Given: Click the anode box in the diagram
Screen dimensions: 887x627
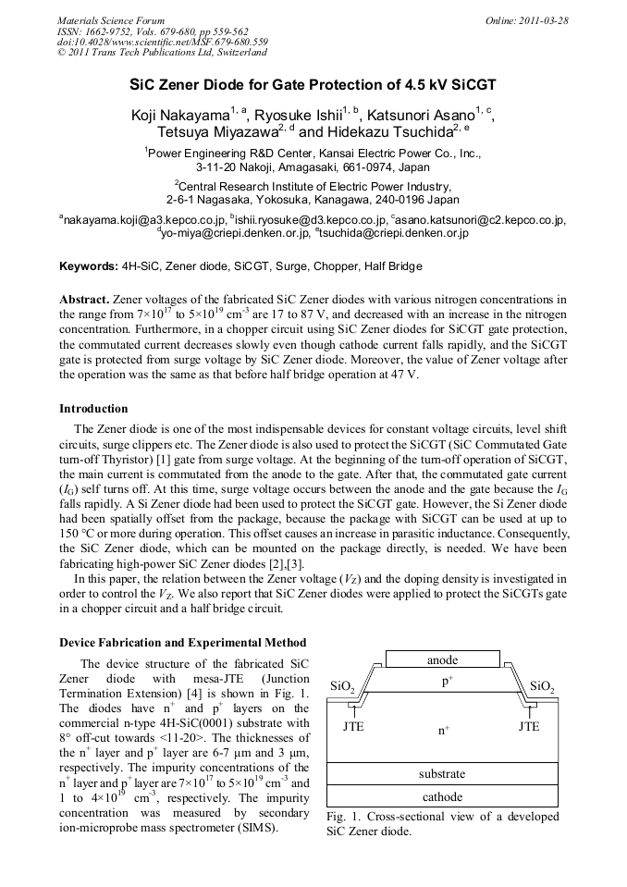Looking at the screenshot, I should pos(442,659).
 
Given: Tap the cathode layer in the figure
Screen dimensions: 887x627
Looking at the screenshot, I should pos(442,796).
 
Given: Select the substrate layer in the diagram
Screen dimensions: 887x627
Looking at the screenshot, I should pos(442,773).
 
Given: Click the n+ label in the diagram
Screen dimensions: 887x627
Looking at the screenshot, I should pos(443,730).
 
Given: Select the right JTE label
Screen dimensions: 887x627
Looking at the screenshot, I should pos(529,726).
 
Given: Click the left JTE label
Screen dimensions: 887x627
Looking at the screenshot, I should pos(353,726).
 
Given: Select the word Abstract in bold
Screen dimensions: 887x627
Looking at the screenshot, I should pos(84,300).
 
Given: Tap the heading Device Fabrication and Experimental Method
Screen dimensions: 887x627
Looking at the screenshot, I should pos(182,642).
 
